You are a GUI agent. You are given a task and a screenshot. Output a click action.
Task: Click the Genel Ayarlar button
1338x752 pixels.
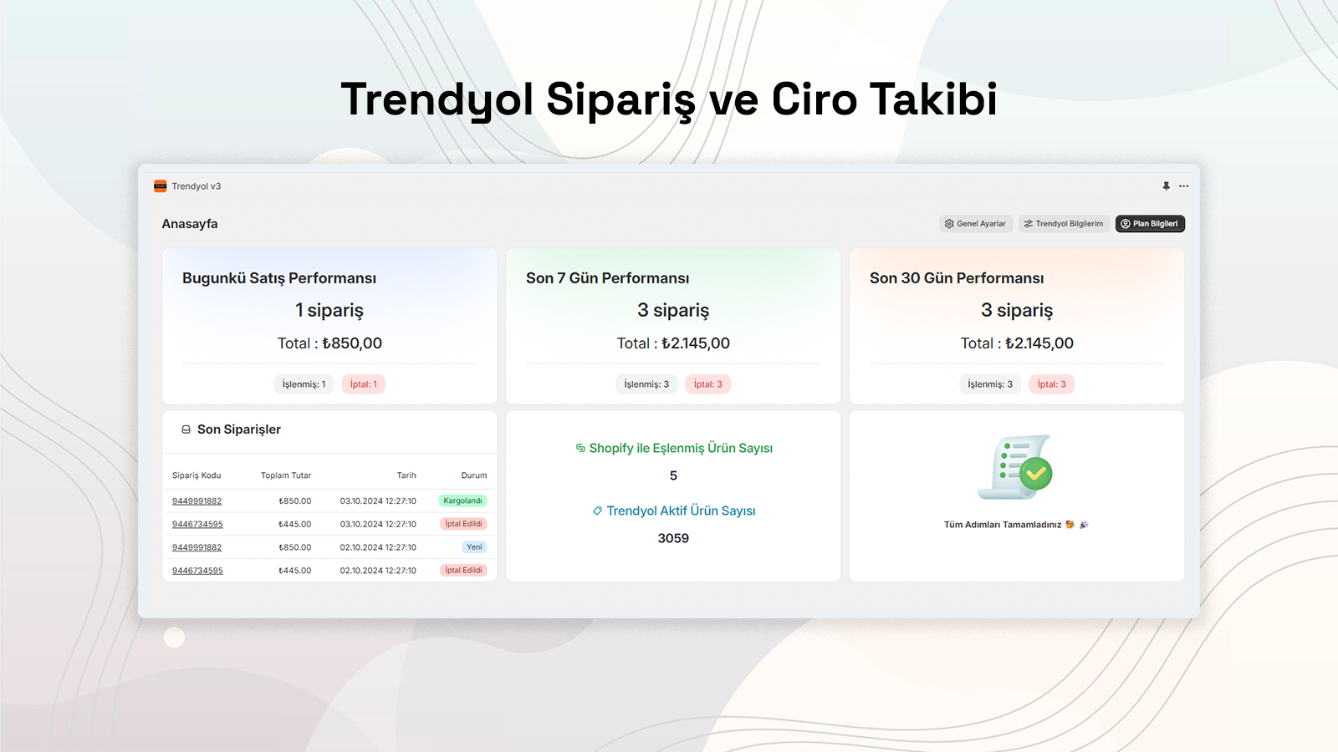[x=975, y=224]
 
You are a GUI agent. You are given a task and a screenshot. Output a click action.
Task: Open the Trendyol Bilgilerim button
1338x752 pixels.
[x=1064, y=224]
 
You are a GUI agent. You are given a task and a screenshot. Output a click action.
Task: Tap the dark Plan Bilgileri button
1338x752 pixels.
[x=1150, y=224]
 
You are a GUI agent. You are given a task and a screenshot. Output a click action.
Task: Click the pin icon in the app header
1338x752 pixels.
[x=1166, y=186]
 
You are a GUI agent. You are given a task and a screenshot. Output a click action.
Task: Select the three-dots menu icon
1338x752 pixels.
[x=1184, y=186]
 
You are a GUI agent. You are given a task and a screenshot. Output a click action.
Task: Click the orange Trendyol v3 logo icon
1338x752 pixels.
[x=161, y=186]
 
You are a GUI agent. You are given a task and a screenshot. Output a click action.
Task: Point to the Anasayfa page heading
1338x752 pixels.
[x=190, y=224]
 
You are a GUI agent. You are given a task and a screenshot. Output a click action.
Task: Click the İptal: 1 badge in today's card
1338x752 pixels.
[x=363, y=384]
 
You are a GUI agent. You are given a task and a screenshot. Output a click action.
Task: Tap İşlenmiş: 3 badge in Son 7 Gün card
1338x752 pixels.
[x=646, y=384]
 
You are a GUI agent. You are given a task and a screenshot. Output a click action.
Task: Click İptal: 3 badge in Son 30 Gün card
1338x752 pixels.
[x=1051, y=384]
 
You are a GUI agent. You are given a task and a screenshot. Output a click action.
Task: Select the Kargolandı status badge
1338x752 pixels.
[x=462, y=501]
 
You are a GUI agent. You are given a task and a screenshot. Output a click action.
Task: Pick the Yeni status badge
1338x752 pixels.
[x=474, y=547]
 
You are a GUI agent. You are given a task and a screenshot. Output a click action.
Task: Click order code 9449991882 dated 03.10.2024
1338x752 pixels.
[x=197, y=501]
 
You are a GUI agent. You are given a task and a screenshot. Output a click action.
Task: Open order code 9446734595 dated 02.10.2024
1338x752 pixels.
[x=197, y=571]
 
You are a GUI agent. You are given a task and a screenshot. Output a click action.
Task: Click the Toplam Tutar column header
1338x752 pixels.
[x=286, y=475]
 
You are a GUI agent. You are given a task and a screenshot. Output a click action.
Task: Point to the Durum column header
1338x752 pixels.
[x=473, y=475]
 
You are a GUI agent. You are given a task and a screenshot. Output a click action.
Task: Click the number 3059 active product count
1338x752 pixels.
[x=673, y=538]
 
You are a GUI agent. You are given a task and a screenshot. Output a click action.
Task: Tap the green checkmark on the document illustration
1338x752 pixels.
[x=1035, y=474]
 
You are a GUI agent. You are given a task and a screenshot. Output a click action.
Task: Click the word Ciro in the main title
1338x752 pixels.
[x=815, y=99]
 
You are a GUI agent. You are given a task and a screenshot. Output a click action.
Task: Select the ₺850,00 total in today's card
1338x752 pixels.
[x=352, y=343]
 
